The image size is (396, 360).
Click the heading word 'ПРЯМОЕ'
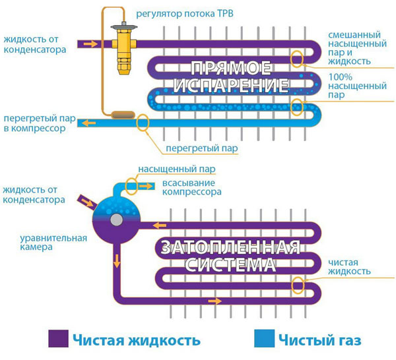[x=232, y=68]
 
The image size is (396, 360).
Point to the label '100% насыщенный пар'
[x=353, y=86]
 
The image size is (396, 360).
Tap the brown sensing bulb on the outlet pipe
[x=122, y=115]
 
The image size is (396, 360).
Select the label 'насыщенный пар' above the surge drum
[x=177, y=169]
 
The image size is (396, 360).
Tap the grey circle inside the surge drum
[x=116, y=220]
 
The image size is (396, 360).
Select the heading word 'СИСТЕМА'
[x=231, y=266]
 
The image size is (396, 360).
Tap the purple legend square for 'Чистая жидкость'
[x=57, y=340]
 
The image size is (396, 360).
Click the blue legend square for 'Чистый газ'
[x=262, y=340]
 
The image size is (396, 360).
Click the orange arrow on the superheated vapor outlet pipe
[x=85, y=123]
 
